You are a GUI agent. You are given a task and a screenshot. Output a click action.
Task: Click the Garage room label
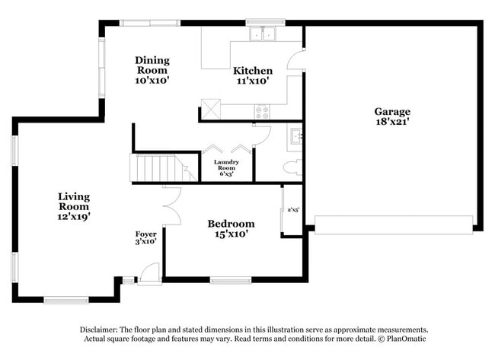(x=391, y=111)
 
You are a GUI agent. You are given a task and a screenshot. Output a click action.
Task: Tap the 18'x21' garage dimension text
(x=391, y=122)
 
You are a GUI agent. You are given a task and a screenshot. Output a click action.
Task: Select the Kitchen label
(x=252, y=71)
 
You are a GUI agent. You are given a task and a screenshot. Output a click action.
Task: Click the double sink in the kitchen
(x=264, y=33)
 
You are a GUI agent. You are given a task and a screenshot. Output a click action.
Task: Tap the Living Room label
(x=74, y=202)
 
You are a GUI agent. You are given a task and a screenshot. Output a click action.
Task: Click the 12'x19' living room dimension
(x=74, y=216)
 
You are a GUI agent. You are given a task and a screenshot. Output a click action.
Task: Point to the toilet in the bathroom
(x=292, y=167)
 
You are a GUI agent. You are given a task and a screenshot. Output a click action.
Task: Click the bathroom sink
(x=295, y=137)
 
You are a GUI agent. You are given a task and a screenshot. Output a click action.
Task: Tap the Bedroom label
(x=231, y=224)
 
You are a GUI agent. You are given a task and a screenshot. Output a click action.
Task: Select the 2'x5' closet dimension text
(x=292, y=209)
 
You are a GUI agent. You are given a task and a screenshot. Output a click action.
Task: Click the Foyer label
(x=145, y=234)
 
